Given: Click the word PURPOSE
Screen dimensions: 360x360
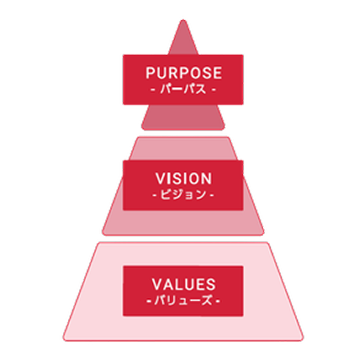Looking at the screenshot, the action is click(x=184, y=73).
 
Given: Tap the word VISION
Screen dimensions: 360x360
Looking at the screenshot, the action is click(x=184, y=179).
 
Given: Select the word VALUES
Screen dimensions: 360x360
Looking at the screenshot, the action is click(x=184, y=284).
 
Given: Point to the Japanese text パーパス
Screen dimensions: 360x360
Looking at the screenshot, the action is click(x=183, y=89).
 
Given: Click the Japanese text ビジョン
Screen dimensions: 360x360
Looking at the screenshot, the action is click(x=183, y=195).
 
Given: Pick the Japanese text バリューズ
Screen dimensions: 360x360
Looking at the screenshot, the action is click(x=183, y=300).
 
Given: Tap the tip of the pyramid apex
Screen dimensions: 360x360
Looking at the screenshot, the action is click(x=183, y=20).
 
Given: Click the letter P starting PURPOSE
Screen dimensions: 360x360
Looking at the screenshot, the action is click(x=150, y=73).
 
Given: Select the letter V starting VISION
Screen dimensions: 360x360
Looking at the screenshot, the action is click(x=160, y=179).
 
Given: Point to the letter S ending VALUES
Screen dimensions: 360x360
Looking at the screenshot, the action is click(x=211, y=284).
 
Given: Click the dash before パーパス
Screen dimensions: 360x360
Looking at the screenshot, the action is click(x=153, y=89).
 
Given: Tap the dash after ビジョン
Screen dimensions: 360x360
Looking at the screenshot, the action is click(x=212, y=195).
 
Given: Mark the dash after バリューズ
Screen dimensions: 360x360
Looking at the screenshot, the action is click(x=218, y=301).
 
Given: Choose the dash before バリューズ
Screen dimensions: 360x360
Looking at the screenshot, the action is click(x=149, y=301).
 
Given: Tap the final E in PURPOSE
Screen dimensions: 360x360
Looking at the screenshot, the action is click(x=218, y=73).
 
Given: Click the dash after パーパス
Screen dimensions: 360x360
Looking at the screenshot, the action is click(x=213, y=89).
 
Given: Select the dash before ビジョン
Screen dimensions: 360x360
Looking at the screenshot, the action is click(x=155, y=195).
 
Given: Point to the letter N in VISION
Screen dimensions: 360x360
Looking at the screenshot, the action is click(x=207, y=179).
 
